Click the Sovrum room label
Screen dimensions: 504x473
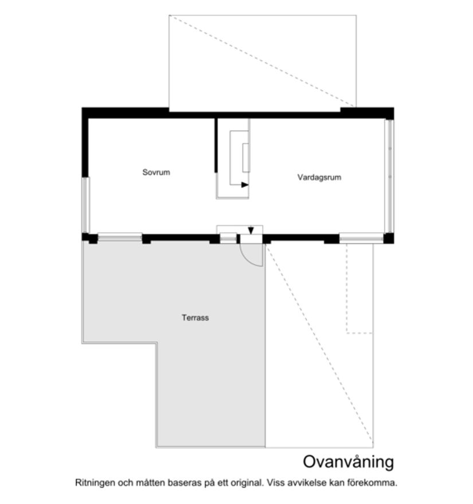[x=156, y=172]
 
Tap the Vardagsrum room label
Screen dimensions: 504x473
[x=319, y=177]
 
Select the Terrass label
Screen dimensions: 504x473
[x=195, y=317]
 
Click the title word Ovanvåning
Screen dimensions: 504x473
[x=348, y=462]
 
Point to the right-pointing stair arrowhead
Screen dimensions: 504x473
[x=245, y=185]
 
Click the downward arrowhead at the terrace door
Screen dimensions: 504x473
[x=251, y=231]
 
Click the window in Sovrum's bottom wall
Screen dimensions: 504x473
[x=119, y=236]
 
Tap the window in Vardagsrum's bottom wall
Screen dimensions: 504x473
[x=361, y=237]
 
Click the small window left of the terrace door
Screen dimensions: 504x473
[x=228, y=237]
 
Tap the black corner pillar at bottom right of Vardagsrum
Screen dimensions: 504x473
[x=389, y=239]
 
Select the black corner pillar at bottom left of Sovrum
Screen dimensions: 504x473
[x=87, y=237]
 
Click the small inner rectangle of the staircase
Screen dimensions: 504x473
[x=246, y=158]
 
